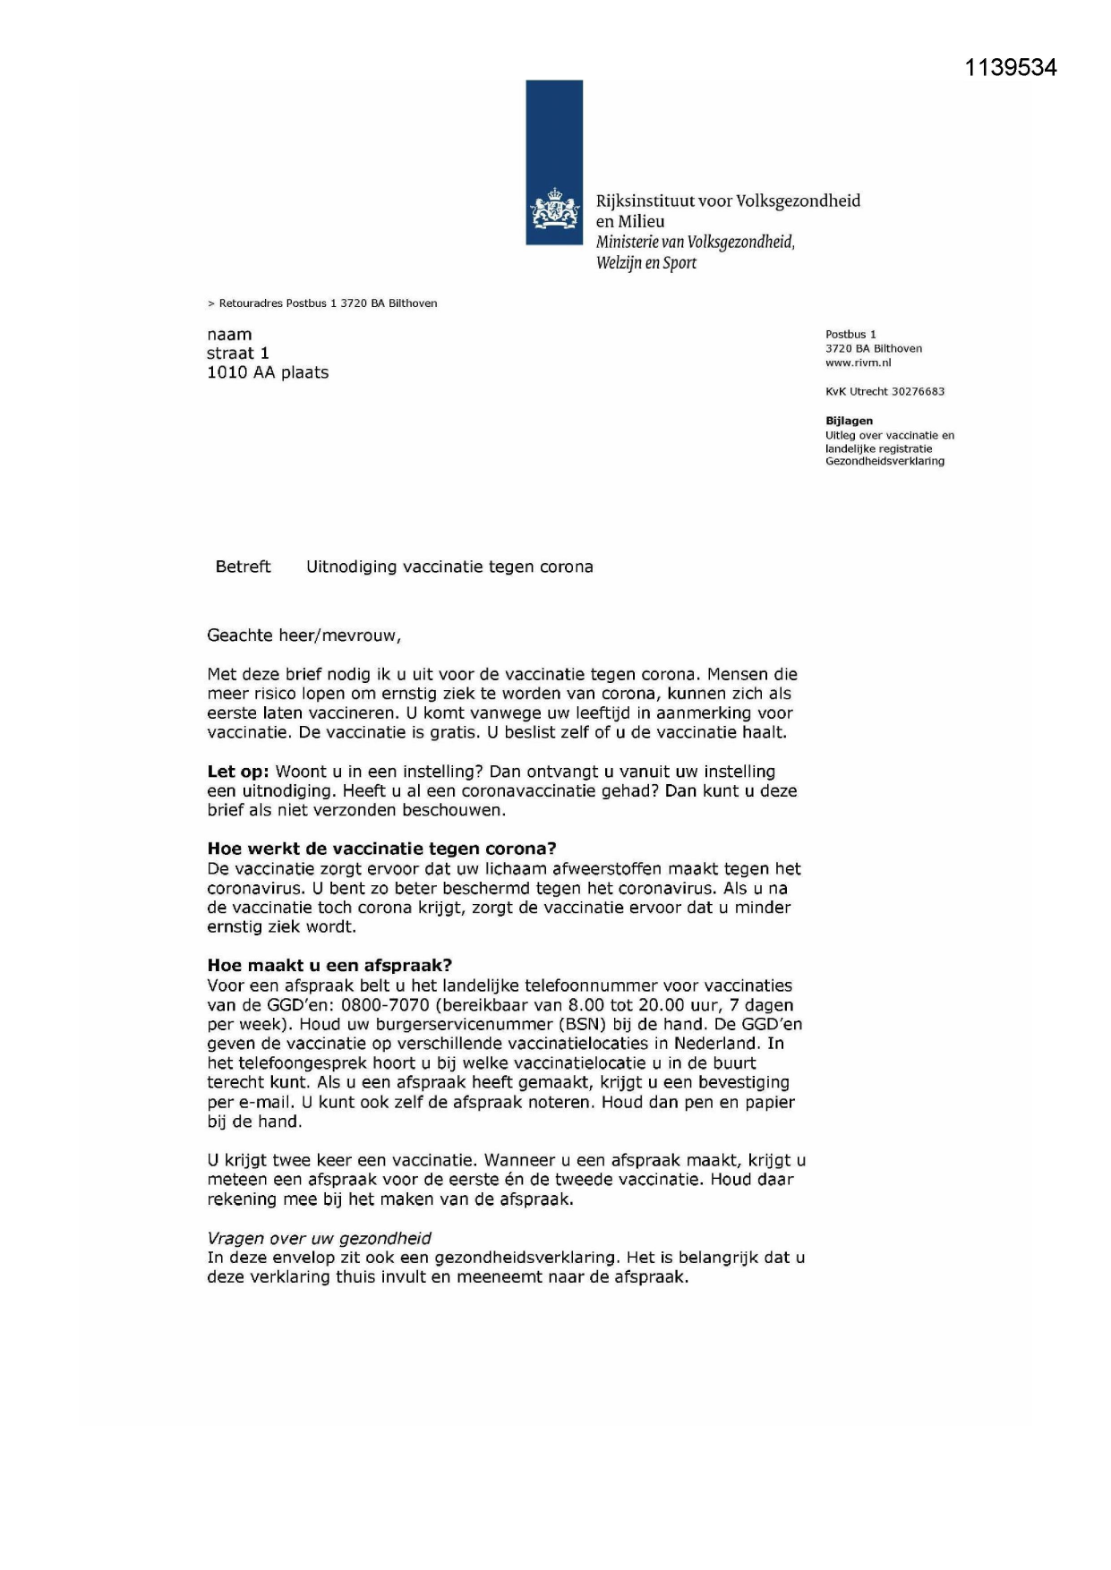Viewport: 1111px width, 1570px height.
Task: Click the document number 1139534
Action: [x=1010, y=68]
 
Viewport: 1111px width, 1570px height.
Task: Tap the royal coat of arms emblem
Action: [x=554, y=211]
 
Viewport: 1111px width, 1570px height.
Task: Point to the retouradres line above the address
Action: [x=322, y=303]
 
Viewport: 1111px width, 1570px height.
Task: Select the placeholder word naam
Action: [x=229, y=335]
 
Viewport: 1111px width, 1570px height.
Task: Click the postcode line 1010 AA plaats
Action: [x=268, y=372]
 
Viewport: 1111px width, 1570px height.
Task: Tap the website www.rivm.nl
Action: [x=858, y=363]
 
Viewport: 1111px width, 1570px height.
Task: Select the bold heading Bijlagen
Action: [x=849, y=421]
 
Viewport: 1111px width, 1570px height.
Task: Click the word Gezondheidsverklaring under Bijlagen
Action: [x=885, y=461]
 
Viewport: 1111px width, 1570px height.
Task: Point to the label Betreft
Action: [x=243, y=567]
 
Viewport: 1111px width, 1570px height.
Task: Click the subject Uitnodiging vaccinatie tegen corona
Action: [x=449, y=567]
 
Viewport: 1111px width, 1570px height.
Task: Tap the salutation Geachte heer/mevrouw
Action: [x=303, y=636]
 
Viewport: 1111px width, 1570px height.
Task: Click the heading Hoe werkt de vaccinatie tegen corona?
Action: [x=381, y=849]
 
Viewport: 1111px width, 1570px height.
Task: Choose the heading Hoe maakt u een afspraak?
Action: [x=329, y=965]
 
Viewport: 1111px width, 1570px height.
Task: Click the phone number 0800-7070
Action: [x=385, y=1005]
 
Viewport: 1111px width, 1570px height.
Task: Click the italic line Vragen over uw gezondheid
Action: [x=319, y=1238]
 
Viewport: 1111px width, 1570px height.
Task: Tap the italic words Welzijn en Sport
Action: [x=646, y=263]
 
